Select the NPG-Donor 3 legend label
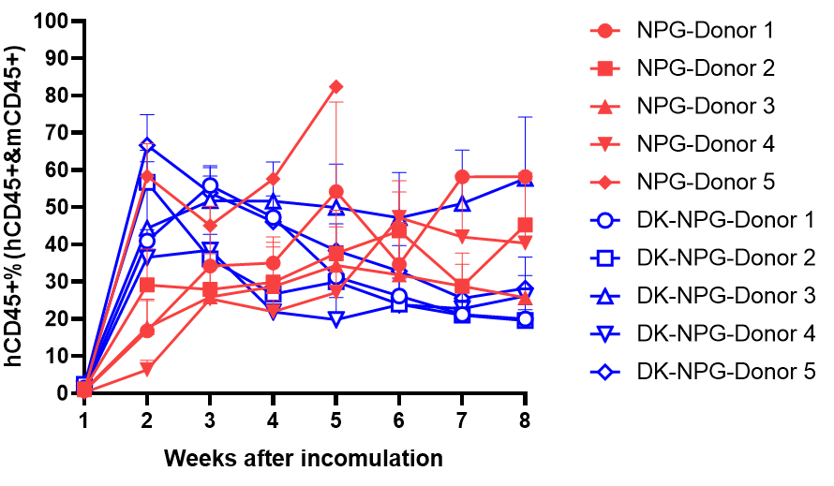click(x=704, y=107)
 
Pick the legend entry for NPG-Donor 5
click(x=704, y=182)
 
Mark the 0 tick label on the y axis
click(x=63, y=393)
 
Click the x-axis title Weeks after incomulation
click(x=304, y=459)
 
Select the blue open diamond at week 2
click(x=147, y=146)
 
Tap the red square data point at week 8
click(x=526, y=225)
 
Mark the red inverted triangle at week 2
click(x=147, y=370)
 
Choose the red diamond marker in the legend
click(x=606, y=182)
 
